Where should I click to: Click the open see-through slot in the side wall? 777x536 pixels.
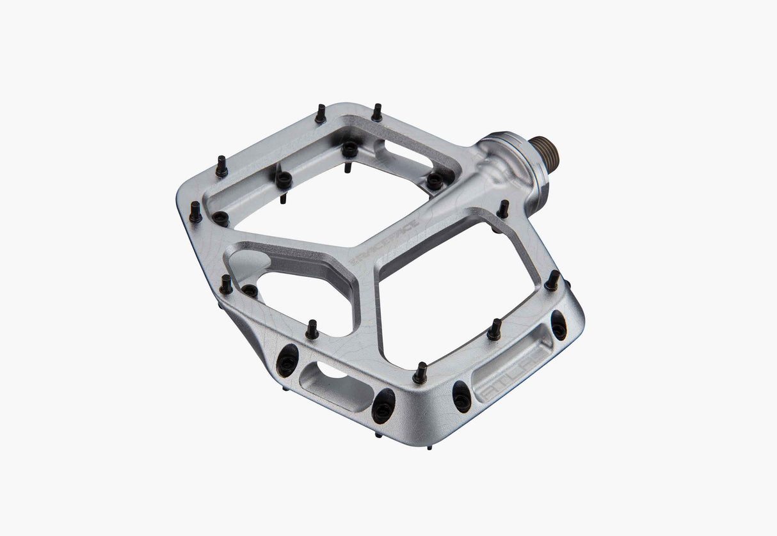(333, 383)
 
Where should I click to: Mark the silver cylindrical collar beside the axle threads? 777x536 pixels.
(525, 160)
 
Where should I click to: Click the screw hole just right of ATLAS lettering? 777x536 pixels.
(558, 326)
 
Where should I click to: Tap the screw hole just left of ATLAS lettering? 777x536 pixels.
(461, 397)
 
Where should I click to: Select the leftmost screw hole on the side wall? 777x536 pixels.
(287, 362)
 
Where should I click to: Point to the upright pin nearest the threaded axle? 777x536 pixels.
(503, 209)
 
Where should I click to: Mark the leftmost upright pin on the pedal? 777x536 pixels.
(195, 212)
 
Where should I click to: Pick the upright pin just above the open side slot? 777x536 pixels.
(312, 330)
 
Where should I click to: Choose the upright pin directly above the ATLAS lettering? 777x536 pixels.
(494, 330)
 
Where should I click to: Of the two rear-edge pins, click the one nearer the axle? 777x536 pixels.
(377, 113)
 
